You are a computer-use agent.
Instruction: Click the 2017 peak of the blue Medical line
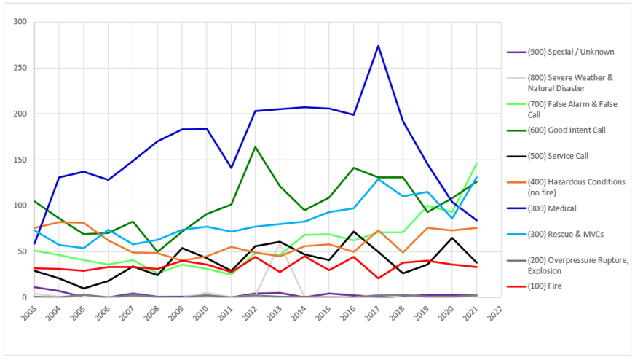[378, 46]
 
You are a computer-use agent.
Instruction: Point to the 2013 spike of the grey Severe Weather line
[280, 244]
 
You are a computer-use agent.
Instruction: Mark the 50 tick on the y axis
[22, 251]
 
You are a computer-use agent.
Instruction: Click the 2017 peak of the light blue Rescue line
[378, 179]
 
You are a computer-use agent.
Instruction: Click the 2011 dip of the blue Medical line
[232, 168]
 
